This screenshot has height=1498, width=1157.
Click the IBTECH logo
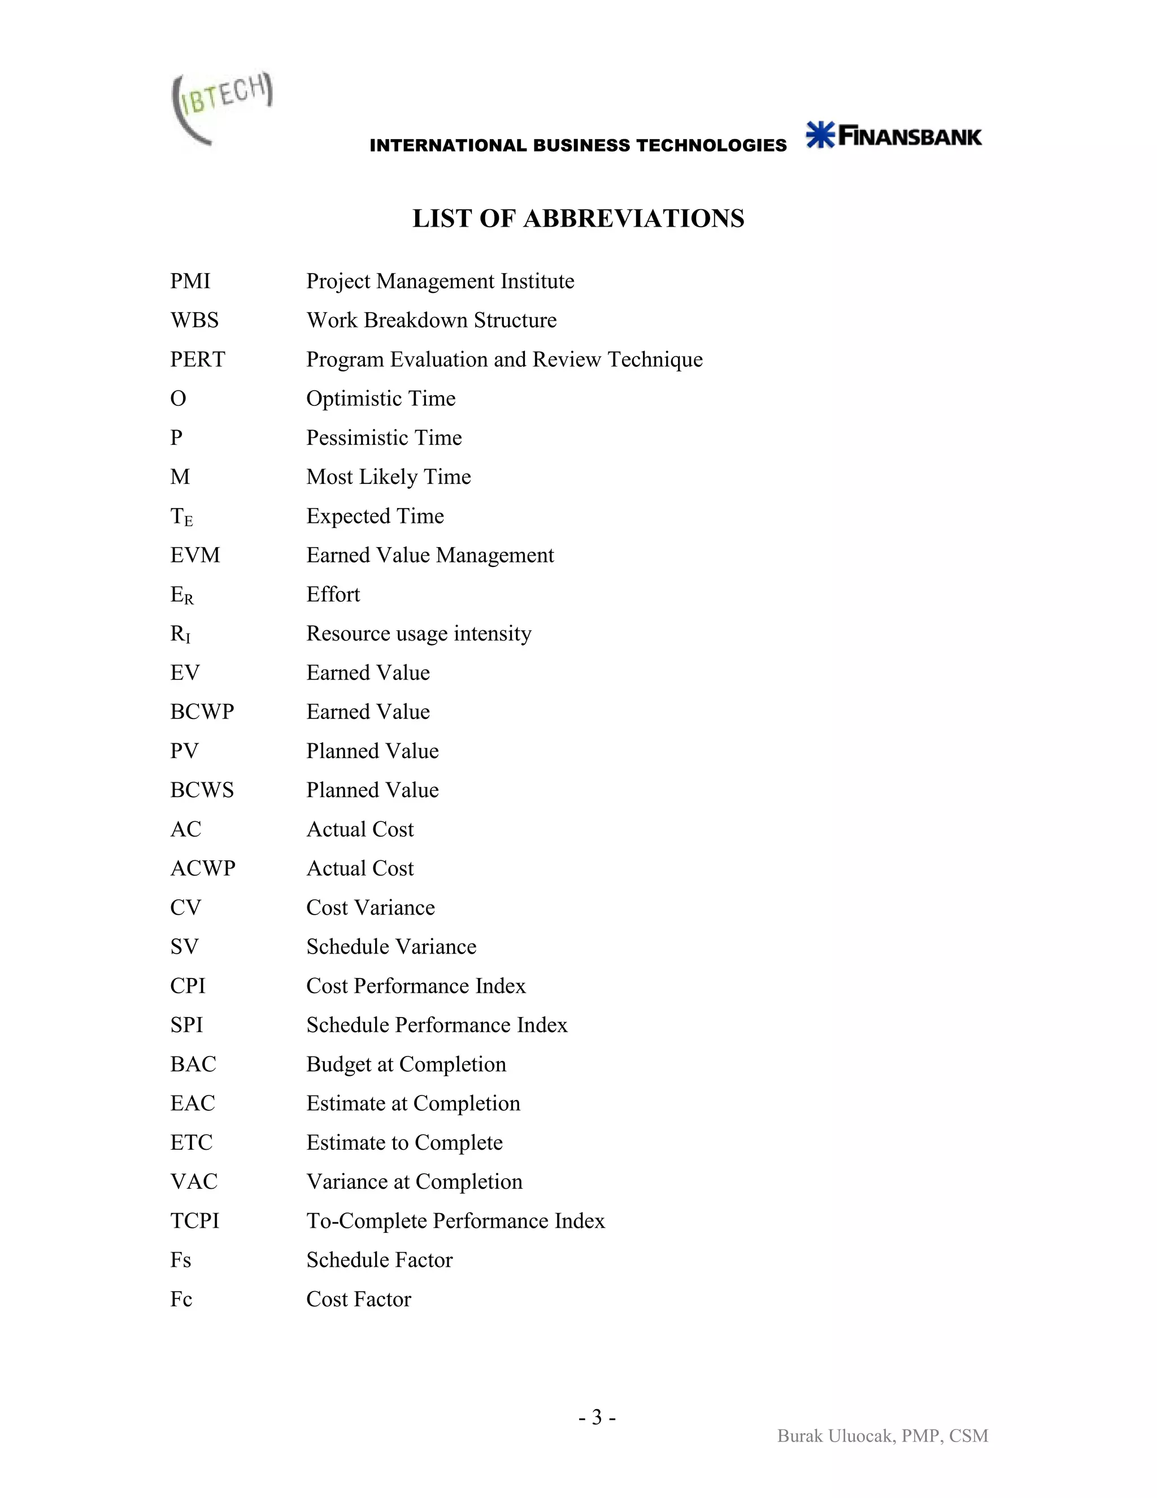(221, 107)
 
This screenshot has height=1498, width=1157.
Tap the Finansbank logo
(893, 135)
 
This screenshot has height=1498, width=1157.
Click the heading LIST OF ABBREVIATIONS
(578, 219)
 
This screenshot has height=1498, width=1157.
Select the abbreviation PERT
(197, 360)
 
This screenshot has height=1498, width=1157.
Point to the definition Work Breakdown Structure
(431, 321)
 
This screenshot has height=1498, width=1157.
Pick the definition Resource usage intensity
(418, 634)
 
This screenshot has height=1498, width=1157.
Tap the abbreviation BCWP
(202, 712)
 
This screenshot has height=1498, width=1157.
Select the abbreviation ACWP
(202, 868)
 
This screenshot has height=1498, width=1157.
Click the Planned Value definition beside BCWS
(372, 790)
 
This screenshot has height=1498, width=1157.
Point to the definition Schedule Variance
(391, 946)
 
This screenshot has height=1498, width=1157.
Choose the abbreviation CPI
(188, 986)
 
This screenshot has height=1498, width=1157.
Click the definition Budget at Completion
(406, 1064)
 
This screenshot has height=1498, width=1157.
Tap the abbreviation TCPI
(195, 1221)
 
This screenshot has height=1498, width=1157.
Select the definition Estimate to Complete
(404, 1142)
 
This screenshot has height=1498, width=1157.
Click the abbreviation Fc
(181, 1299)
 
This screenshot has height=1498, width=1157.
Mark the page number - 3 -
(597, 1417)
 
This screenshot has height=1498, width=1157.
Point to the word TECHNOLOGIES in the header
(711, 145)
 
